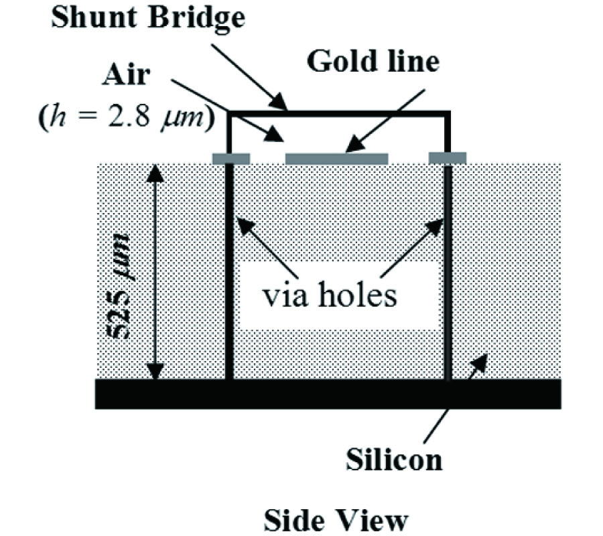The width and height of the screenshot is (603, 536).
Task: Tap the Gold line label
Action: (373, 62)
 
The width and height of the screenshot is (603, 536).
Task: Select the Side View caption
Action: (336, 519)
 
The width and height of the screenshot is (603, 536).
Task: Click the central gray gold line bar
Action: (337, 159)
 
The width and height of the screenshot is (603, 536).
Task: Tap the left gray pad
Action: (230, 159)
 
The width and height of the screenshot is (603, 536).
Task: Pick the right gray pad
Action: (448, 158)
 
